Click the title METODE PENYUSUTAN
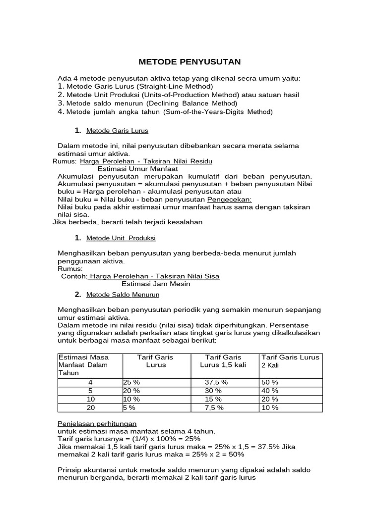[189, 62]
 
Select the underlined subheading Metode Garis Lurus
[117, 131]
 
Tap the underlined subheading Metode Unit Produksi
[121, 238]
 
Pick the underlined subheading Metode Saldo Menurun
[123, 295]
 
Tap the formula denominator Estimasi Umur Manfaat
[137, 169]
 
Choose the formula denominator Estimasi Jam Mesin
[156, 284]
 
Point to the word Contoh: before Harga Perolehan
[74, 276]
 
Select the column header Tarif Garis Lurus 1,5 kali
[223, 361]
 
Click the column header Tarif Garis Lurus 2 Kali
[291, 361]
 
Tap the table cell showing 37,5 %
[216, 382]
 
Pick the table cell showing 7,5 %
[214, 407]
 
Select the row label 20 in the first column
[90, 407]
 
